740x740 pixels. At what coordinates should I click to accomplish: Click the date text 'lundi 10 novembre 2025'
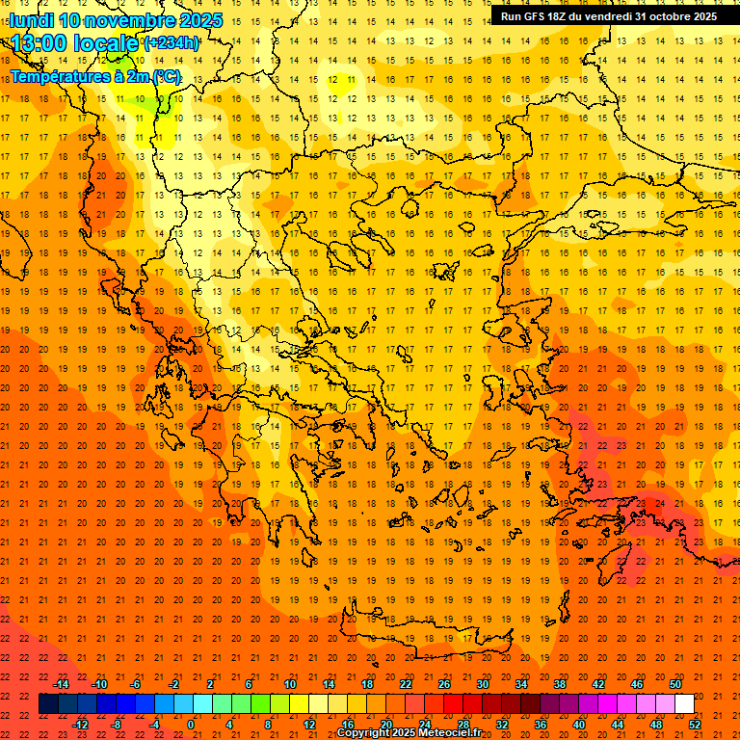116,20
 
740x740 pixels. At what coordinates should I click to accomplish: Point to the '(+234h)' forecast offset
172,42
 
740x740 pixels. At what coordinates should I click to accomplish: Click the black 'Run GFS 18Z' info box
608,16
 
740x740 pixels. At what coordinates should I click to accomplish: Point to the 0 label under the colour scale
190,725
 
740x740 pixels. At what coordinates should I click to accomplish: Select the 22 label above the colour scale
406,684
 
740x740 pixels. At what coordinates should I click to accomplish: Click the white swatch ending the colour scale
685,704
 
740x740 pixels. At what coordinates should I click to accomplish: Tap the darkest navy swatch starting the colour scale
49,704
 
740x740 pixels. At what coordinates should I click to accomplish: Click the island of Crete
424,632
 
